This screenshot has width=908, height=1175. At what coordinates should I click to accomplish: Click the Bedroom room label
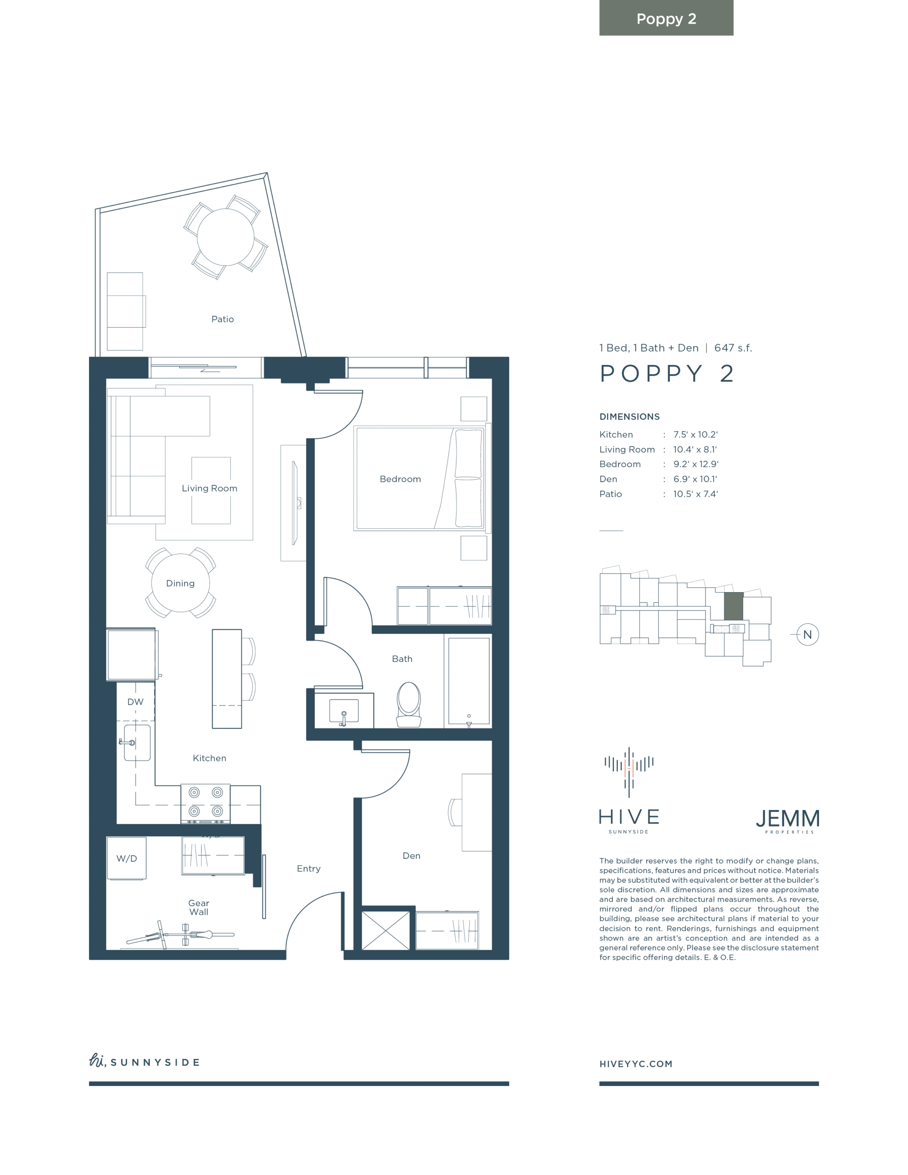tap(400, 479)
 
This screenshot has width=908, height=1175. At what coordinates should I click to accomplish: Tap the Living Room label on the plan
tap(209, 488)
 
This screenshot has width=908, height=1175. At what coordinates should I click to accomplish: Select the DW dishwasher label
tap(135, 701)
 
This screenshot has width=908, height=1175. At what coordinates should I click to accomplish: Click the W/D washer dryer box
tap(127, 858)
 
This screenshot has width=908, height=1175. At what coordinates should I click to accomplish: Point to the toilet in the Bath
tap(409, 704)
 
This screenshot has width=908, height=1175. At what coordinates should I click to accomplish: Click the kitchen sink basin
tap(137, 743)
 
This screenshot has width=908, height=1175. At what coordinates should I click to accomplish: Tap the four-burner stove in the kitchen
tap(206, 804)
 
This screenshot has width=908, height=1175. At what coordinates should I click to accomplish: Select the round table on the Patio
tap(225, 237)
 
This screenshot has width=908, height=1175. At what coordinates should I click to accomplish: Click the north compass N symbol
tap(807, 634)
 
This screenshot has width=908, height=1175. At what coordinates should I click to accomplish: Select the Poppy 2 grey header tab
tap(667, 18)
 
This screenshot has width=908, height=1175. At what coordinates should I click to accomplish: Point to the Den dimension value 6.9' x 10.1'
tap(695, 479)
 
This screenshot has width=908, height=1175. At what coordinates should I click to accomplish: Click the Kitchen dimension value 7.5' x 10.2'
tap(695, 434)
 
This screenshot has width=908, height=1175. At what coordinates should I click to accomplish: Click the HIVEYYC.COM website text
tap(636, 1063)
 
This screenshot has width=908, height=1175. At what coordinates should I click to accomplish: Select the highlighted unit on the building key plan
tap(734, 606)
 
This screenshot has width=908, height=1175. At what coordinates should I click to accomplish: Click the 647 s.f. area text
tap(733, 348)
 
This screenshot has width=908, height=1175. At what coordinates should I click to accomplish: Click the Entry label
tap(308, 868)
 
